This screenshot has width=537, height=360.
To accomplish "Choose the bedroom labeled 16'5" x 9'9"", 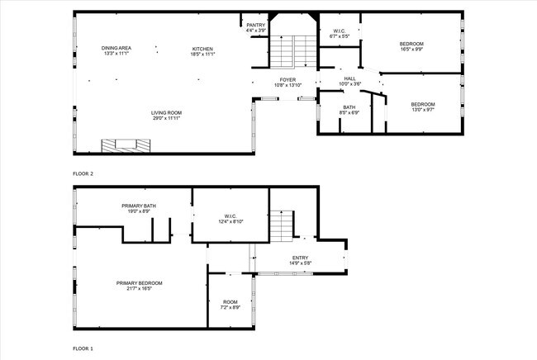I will point(411,45).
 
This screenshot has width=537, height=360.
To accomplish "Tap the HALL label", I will point(350,81).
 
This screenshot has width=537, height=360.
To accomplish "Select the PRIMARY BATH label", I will point(139,208).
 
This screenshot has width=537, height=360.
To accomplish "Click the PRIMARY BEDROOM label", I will point(139,286).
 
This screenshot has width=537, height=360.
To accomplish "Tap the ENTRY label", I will point(300,260).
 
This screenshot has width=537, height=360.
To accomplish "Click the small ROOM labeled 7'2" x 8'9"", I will point(230,304).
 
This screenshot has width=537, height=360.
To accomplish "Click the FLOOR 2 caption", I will point(83,174).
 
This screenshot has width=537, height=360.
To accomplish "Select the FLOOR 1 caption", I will point(83,348).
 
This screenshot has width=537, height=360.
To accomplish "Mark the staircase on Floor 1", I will point(283,225).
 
